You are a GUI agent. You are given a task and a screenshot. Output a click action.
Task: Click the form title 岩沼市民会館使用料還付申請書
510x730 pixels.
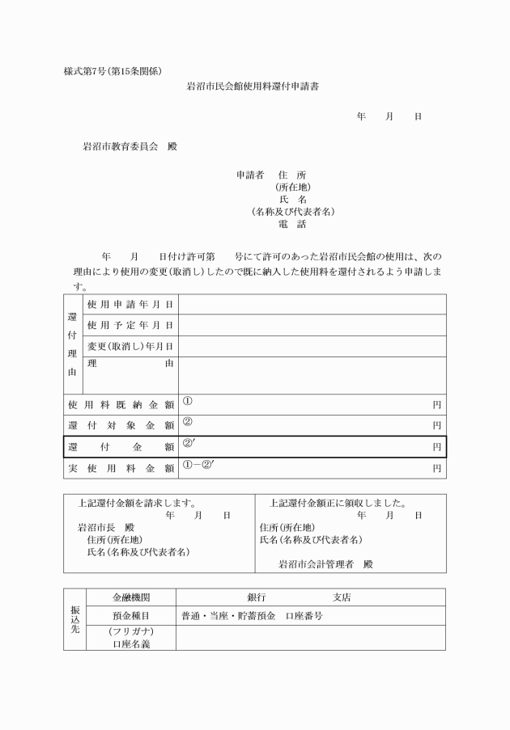[x=253, y=86]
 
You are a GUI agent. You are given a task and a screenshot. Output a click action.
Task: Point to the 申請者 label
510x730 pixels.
[x=249, y=174]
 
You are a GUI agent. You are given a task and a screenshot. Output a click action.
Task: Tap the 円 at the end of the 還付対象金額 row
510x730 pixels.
[x=436, y=424]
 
